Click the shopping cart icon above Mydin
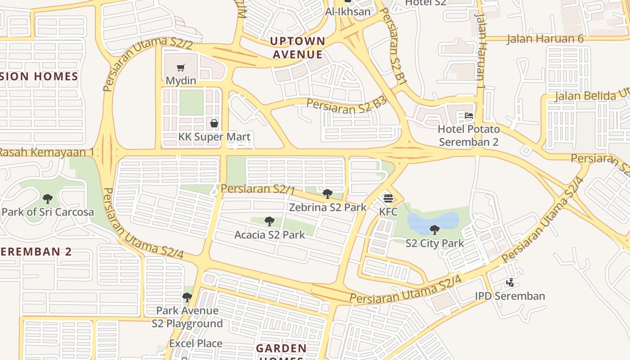(181, 68)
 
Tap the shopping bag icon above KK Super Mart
(214, 123)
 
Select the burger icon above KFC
(388, 198)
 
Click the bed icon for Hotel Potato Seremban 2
(469, 116)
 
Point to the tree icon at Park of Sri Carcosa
(48, 198)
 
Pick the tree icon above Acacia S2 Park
(270, 221)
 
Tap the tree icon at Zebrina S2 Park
(328, 194)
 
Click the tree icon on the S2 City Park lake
(435, 230)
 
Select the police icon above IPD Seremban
(510, 283)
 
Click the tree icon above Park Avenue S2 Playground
(187, 297)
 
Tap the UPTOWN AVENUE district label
(297, 48)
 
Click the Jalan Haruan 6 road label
(545, 39)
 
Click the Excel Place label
(196, 343)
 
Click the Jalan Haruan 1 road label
(481, 45)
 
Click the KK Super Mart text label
(214, 137)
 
